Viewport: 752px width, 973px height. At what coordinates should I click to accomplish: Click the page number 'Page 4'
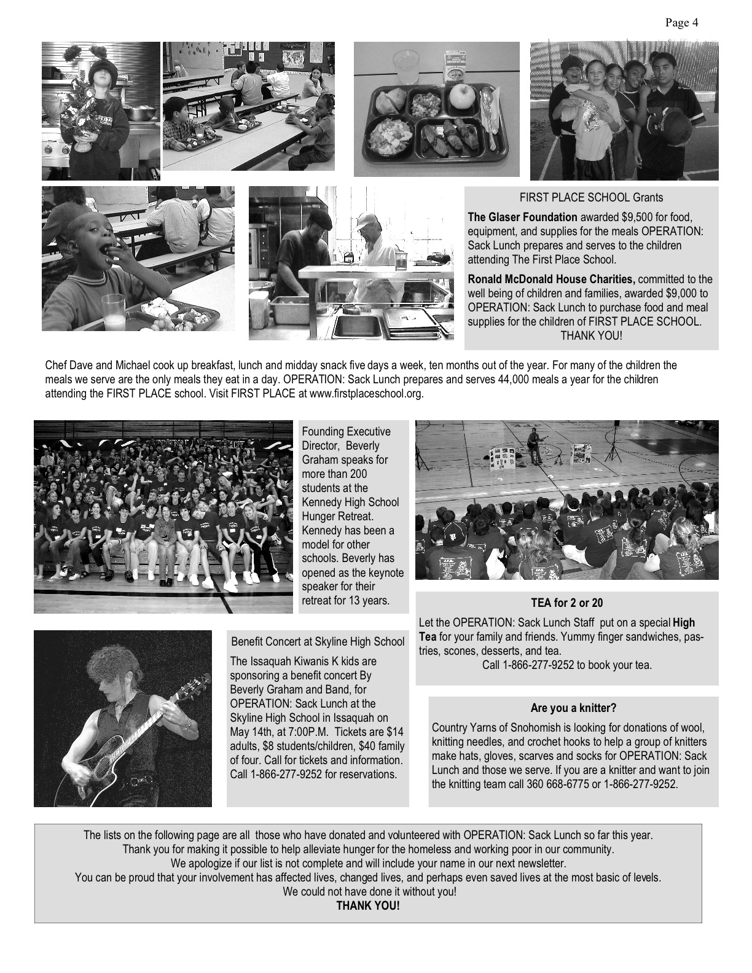[x=681, y=23]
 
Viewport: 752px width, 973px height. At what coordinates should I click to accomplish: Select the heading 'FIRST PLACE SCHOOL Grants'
[x=591, y=198]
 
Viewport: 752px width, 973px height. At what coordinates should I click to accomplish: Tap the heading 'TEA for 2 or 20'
[x=567, y=603]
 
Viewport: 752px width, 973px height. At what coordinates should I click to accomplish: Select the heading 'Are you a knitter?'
[x=573, y=708]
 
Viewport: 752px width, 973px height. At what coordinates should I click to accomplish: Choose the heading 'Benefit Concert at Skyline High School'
[x=318, y=642]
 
